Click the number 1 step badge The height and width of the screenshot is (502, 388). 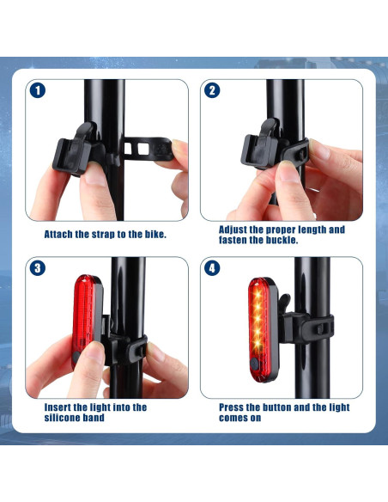(38, 89)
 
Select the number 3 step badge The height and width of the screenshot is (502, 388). (38, 267)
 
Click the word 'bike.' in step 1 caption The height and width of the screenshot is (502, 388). (151, 234)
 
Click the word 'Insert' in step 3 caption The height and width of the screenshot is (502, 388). (60, 407)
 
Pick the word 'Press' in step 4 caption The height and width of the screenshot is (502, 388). (234, 407)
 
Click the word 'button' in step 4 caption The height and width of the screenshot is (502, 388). (284, 407)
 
